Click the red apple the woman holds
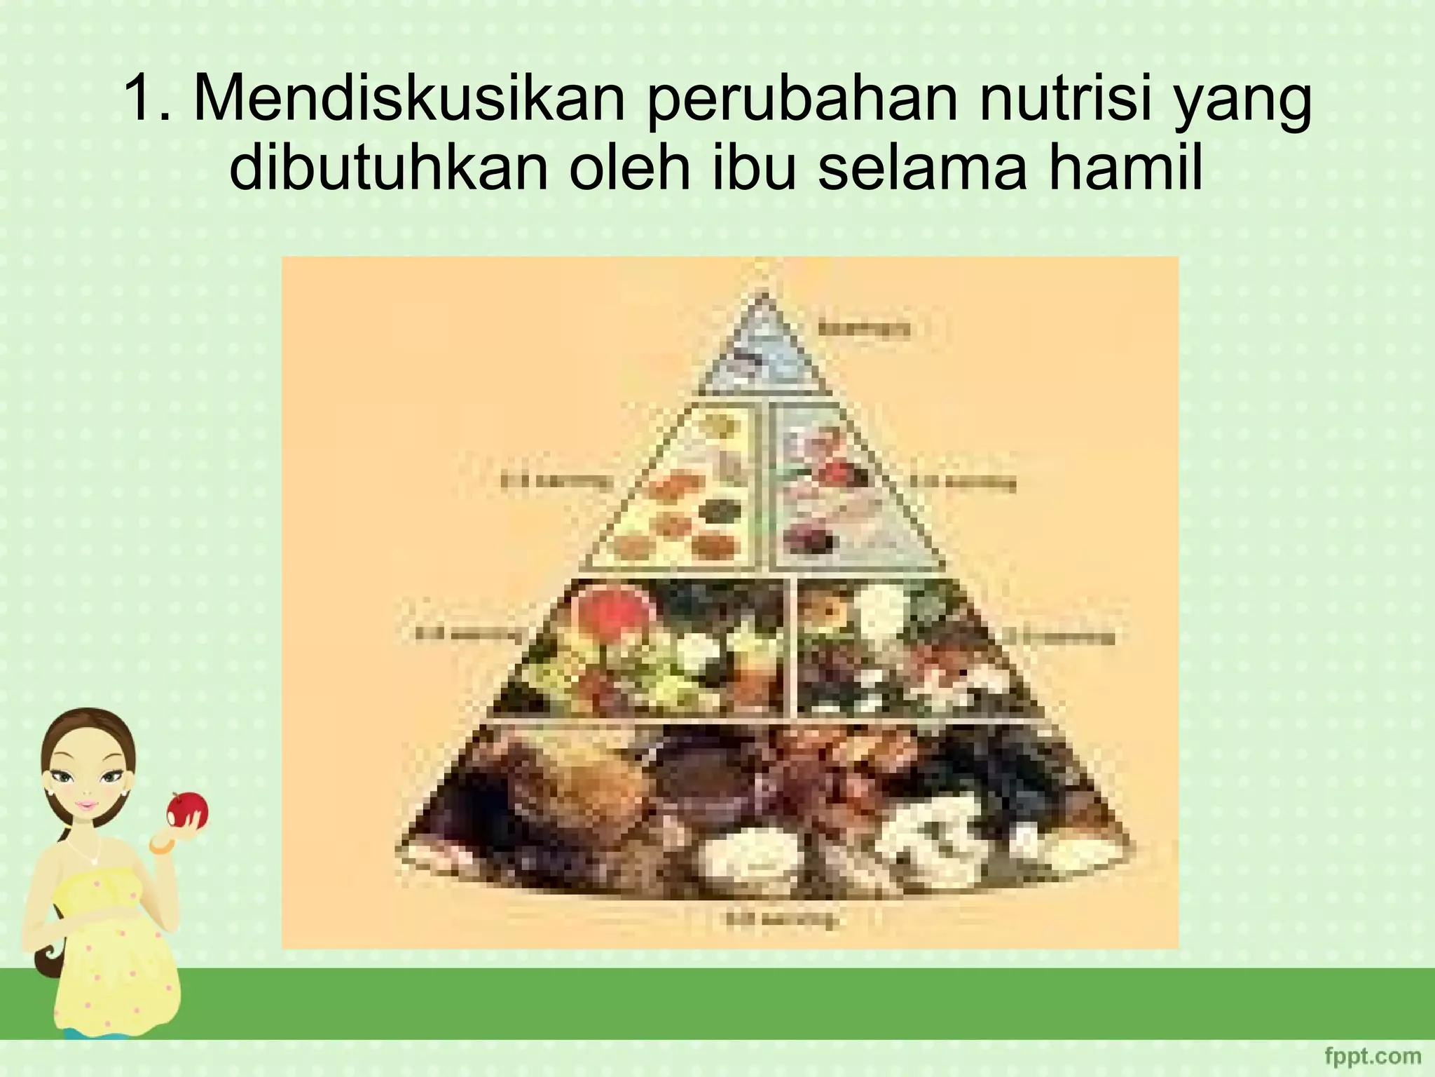click(187, 809)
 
